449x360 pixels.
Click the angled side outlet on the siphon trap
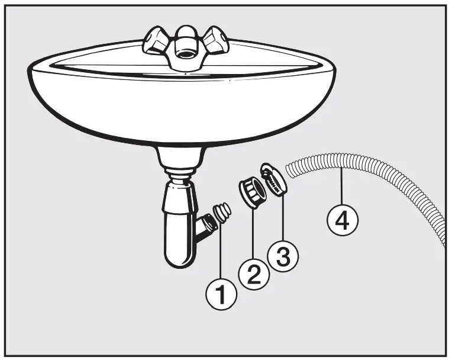click(205, 228)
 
